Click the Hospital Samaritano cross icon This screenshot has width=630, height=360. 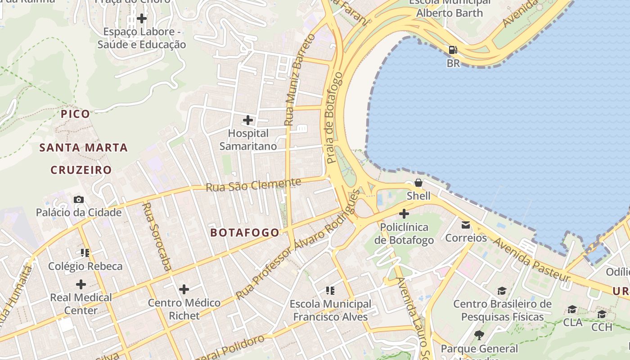248,120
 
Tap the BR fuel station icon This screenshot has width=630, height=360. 453,49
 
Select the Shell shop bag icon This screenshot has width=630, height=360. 418,183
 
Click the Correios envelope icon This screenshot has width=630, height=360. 466,224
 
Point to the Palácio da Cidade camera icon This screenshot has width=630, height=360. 79,199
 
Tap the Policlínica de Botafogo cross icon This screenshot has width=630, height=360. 404,214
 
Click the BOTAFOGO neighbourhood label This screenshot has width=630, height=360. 245,232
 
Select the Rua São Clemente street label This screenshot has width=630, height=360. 253,184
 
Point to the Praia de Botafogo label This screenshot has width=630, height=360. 333,117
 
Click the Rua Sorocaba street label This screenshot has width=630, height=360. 156,237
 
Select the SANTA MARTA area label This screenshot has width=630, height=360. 83,148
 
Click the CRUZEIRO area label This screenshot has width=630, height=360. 81,170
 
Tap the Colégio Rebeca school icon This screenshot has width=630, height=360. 85,253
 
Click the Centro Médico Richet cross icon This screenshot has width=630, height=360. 184,289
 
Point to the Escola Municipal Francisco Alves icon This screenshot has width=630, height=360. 330,291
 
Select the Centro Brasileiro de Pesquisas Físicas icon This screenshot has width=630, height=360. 502,291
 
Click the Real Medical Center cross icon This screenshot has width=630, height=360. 81,284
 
